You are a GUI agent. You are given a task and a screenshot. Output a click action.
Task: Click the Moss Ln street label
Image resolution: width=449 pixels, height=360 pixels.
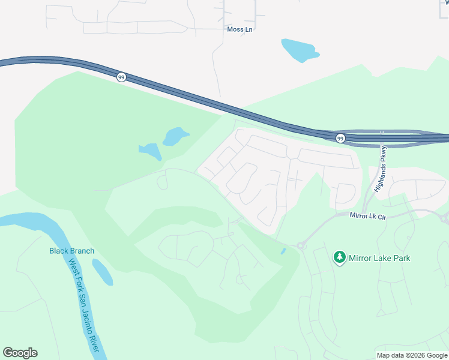click(x=240, y=29)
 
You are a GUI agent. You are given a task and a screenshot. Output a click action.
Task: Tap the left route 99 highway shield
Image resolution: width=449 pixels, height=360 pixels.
click(x=121, y=77)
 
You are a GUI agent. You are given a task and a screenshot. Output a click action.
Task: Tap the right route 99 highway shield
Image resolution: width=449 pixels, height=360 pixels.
click(x=340, y=137)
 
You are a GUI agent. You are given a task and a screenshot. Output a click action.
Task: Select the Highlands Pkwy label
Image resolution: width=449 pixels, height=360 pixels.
click(x=381, y=169)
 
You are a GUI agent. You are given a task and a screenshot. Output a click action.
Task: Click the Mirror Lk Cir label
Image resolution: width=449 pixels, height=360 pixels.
click(x=366, y=214)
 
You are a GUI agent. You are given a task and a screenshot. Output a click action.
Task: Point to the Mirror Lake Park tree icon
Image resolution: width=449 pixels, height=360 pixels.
click(x=340, y=257)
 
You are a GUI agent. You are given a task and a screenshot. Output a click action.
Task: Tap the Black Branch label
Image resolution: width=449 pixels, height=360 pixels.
click(x=71, y=251)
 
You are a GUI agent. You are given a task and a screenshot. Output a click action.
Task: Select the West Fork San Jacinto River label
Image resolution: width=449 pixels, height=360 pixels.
click(x=85, y=306)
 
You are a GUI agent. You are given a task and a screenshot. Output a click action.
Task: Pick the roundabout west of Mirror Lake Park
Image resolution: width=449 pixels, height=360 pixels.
click(x=301, y=245)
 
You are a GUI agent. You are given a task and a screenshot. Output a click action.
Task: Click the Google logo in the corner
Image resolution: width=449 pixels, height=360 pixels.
click(x=20, y=353)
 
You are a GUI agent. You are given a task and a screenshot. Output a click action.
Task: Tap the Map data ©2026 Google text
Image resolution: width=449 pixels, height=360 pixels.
click(x=412, y=355)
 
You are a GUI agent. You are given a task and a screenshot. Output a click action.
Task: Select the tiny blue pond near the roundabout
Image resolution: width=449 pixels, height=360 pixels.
click(x=283, y=251)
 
